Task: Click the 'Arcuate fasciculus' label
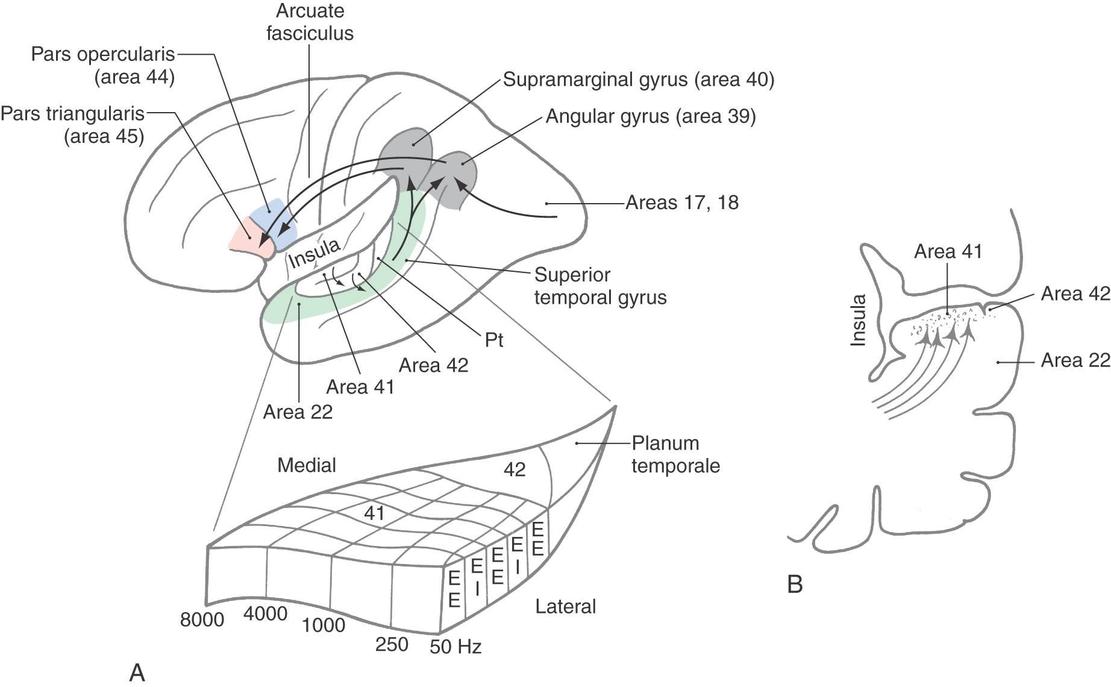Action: tap(310, 22)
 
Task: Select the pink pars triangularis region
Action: tap(246, 237)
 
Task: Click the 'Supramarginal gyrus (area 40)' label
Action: tap(638, 80)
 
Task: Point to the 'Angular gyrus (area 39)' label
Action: tap(650, 116)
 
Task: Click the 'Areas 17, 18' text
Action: tap(682, 202)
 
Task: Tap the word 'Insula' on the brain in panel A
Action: tap(315, 253)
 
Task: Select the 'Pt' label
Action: tap(494, 340)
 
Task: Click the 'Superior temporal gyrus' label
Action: tap(600, 286)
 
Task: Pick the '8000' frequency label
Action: tap(202, 620)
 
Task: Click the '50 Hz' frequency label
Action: tap(455, 647)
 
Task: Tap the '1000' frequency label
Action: tap(324, 626)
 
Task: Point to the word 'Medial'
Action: tap(307, 465)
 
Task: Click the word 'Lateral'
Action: tap(565, 606)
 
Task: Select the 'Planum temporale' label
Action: tap(675, 454)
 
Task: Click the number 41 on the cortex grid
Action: tap(374, 513)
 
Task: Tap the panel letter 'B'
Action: tap(795, 585)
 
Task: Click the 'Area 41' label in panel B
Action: tap(948, 251)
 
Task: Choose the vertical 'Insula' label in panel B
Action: tap(858, 320)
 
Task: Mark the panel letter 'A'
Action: tap(137, 673)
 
